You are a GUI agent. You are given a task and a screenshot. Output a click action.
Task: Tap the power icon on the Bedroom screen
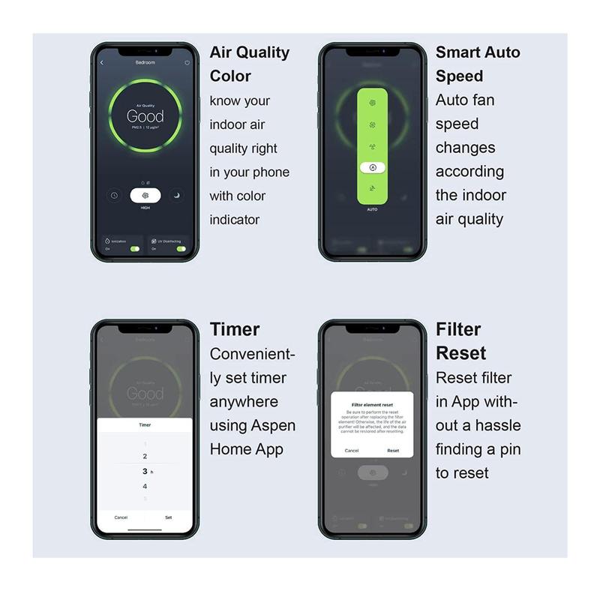(187, 63)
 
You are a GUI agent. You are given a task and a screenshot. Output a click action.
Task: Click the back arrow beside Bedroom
(102, 63)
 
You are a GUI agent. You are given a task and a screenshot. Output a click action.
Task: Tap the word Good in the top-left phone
(145, 116)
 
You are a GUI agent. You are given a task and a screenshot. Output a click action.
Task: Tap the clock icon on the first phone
(112, 196)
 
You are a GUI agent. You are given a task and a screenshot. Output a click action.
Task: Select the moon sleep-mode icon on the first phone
(177, 196)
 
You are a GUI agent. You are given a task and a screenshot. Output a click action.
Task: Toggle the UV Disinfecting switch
(180, 248)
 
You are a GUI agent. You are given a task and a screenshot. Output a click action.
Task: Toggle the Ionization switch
(134, 248)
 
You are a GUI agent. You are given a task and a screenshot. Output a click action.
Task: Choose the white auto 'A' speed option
(373, 167)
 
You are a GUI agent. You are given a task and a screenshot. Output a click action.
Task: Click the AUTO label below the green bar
(373, 209)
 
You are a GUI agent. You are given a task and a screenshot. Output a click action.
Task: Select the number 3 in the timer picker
(145, 471)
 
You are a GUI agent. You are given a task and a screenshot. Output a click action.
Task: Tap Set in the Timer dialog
(168, 517)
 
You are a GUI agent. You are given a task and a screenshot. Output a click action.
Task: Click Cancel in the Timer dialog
(121, 517)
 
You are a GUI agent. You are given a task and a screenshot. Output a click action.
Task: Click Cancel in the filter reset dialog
(351, 451)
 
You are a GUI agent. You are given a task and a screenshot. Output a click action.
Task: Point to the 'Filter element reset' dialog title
(373, 404)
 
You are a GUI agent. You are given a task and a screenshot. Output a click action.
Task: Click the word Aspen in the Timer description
(272, 426)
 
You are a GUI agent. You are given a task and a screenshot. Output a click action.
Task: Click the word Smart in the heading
(458, 52)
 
